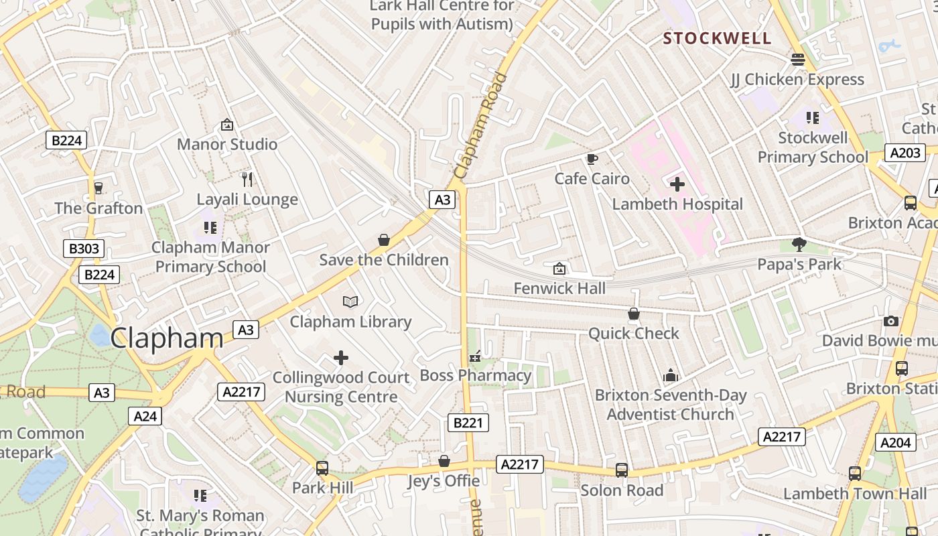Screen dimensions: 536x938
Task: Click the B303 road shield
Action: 84,249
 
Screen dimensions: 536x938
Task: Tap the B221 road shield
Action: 468,423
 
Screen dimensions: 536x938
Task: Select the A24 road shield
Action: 145,416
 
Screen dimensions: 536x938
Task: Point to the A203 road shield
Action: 904,153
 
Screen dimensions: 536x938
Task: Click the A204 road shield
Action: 895,442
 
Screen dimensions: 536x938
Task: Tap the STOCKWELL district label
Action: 718,38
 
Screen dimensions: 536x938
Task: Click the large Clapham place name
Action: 167,338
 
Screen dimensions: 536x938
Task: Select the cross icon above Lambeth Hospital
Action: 677,184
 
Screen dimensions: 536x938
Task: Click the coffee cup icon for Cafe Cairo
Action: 592,159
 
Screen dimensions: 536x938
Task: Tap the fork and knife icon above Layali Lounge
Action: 247,179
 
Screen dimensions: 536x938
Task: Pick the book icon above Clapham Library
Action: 350,301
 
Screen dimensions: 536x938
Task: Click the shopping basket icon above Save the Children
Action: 384,240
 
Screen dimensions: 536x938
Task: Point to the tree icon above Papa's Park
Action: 799,244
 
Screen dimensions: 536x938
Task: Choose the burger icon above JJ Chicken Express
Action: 797,59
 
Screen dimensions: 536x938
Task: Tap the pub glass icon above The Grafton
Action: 98,188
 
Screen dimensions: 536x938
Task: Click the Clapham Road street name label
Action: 480,125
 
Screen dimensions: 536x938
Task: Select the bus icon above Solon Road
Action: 622,470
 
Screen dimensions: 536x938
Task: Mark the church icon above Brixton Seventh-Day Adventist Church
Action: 671,375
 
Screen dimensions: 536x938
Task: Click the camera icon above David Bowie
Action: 890,322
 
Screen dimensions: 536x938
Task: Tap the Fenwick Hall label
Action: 559,289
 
